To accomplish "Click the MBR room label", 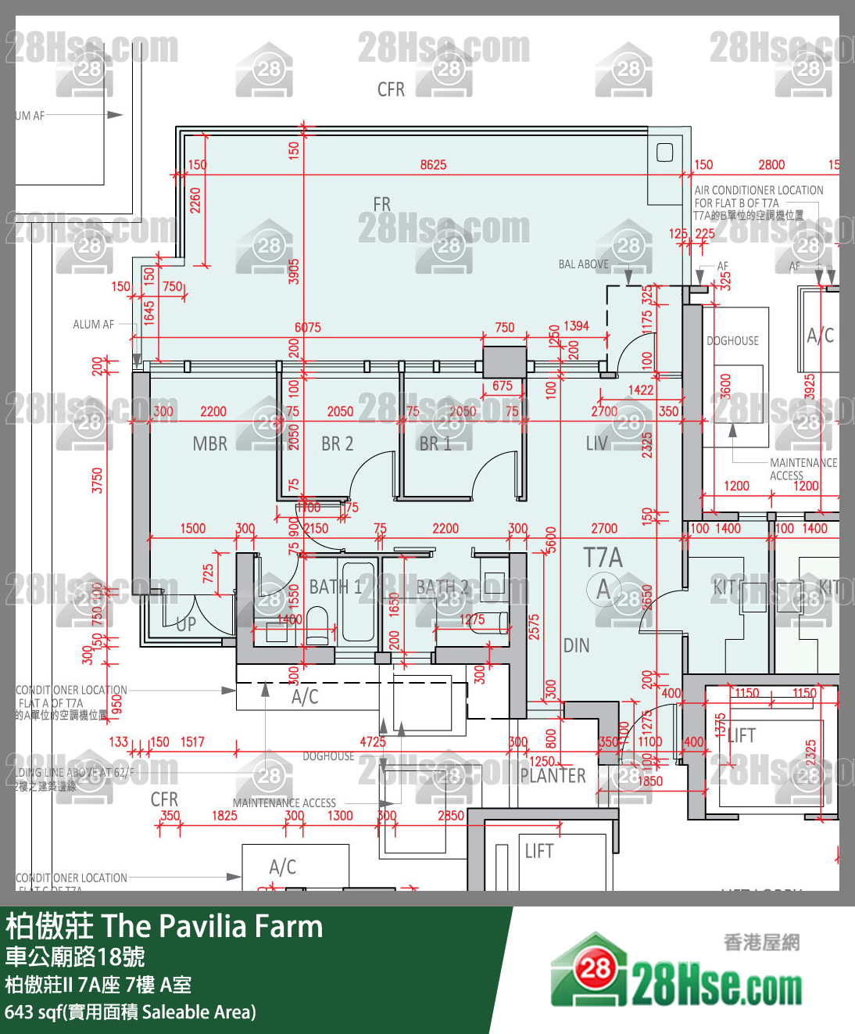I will tap(209, 444).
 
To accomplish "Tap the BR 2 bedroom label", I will tap(337, 444).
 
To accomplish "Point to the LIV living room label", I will tap(596, 444).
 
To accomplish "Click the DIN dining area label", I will tap(576, 646).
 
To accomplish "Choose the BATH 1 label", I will tap(335, 587).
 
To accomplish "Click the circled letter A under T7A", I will tap(603, 590).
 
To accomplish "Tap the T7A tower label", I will tap(603, 558).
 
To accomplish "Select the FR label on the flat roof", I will tap(381, 205).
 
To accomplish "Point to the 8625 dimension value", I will tap(433, 165).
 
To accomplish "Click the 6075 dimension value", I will tap(308, 328).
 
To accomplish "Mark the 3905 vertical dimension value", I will tap(294, 271).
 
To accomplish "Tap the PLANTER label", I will tap(553, 776).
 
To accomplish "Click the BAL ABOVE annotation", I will tap(583, 264).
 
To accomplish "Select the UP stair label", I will tap(186, 624).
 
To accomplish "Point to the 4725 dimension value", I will tap(373, 742).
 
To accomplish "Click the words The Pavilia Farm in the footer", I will tap(212, 927).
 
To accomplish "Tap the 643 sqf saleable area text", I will tap(130, 1012).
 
